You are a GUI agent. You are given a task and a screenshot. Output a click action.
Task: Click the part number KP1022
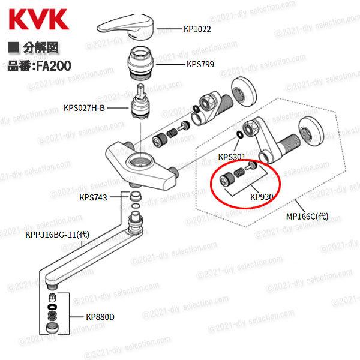point(197,28)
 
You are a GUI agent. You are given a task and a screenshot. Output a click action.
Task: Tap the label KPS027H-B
point(84,109)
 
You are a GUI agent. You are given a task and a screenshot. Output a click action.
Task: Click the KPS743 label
point(93,197)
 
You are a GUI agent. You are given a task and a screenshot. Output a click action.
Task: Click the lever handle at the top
point(130,26)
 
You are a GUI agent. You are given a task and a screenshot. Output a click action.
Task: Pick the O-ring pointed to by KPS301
point(239,134)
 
